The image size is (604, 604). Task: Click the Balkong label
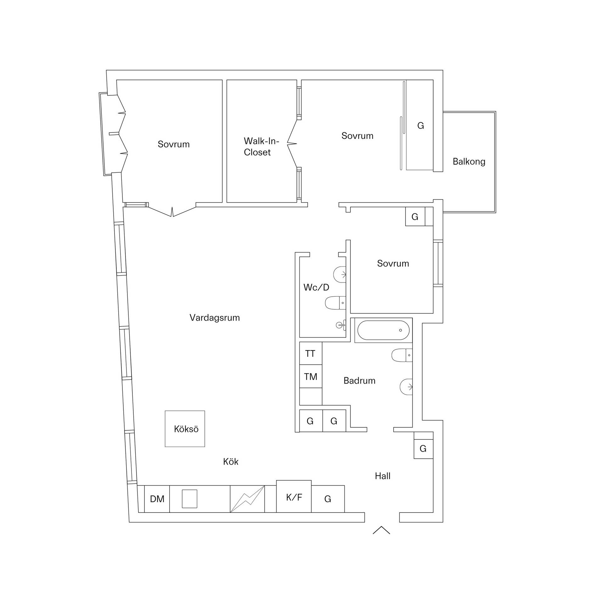pyautogui.click(x=469, y=162)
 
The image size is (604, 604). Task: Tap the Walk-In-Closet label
pyautogui.click(x=261, y=146)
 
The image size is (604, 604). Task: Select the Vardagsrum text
pyautogui.click(x=215, y=318)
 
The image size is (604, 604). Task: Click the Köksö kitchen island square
pyautogui.click(x=185, y=429)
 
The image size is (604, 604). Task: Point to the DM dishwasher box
pyautogui.click(x=157, y=499)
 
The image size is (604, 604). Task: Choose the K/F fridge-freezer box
pyautogui.click(x=294, y=496)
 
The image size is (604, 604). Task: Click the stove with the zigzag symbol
pyautogui.click(x=247, y=499)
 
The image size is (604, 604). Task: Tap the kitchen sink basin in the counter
pyautogui.click(x=190, y=499)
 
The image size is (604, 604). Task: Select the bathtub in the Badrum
pyautogui.click(x=383, y=330)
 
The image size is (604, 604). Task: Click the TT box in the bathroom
pyautogui.click(x=311, y=354)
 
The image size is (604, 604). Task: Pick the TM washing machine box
pyautogui.click(x=311, y=377)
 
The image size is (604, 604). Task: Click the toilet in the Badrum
pyautogui.click(x=402, y=355)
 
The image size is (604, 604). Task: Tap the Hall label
pyautogui.click(x=383, y=476)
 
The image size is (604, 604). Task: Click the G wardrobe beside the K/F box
pyautogui.click(x=328, y=499)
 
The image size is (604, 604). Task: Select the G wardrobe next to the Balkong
pyautogui.click(x=420, y=125)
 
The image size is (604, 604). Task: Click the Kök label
pyautogui.click(x=231, y=461)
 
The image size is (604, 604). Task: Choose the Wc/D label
pyautogui.click(x=316, y=287)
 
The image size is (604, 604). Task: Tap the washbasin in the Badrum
pyautogui.click(x=406, y=387)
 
